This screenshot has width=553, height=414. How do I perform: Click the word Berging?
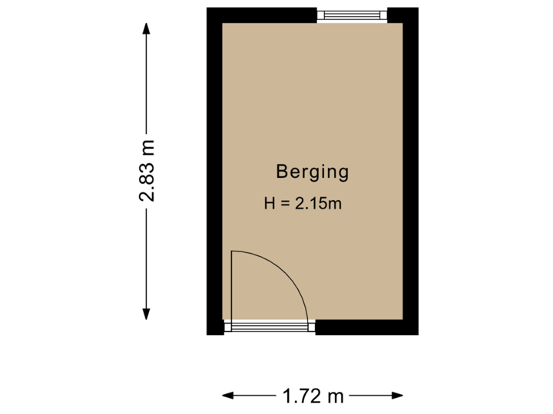[x=312, y=171]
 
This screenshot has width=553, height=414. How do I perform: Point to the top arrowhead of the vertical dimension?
[x=146, y=27]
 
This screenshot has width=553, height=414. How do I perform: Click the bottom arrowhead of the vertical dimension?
[x=146, y=314]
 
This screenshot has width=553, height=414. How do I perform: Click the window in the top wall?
[x=353, y=15]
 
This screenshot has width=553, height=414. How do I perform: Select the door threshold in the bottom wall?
[x=270, y=327]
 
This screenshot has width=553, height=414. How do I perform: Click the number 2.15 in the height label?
[x=314, y=205]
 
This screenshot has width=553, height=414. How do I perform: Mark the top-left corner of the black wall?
[x=208, y=8]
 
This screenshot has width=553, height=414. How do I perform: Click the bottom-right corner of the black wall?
[x=419, y=333]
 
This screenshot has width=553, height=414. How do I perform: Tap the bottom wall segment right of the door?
[x=367, y=327]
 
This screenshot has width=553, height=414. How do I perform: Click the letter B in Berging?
[x=281, y=171]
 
